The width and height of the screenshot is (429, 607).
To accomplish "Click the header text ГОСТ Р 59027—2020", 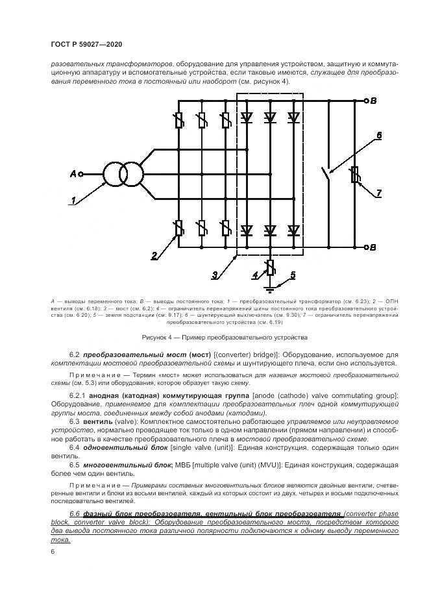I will (x=86, y=44).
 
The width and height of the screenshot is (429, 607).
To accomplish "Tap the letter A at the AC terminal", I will (x=73, y=174).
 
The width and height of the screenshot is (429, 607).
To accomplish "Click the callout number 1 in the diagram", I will (x=75, y=200).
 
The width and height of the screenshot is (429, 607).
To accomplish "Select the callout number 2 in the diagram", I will (x=154, y=255).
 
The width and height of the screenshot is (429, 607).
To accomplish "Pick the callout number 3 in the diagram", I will (x=214, y=275).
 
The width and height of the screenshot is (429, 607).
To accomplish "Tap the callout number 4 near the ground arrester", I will (x=256, y=275).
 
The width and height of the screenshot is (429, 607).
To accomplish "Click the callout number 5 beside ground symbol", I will (x=292, y=275).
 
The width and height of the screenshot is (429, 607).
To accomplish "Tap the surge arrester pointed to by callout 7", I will (x=354, y=175).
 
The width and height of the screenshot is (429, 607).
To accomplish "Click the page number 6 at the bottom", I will (x=52, y=551).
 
